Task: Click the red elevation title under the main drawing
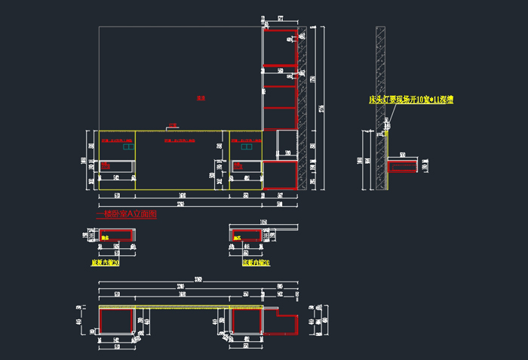(x=127, y=214)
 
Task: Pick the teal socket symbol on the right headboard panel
(x=245, y=149)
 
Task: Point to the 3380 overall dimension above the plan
(x=198, y=281)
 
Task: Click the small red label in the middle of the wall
(x=201, y=98)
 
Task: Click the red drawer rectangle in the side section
(x=402, y=165)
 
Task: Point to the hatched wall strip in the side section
(x=381, y=106)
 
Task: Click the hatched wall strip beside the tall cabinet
(x=303, y=106)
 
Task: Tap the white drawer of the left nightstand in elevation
(x=118, y=165)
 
